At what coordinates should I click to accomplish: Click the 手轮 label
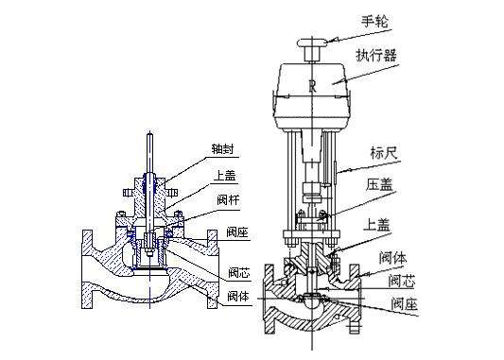[375, 22]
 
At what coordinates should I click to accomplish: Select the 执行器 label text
[376, 55]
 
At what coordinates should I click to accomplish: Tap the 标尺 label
[384, 152]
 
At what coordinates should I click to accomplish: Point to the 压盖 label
[379, 184]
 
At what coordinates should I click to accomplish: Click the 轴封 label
[222, 149]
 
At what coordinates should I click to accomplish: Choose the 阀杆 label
[228, 200]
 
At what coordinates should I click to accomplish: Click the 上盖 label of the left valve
[225, 176]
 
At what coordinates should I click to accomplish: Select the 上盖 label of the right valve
[376, 225]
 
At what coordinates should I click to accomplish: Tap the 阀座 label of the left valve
[237, 232]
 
